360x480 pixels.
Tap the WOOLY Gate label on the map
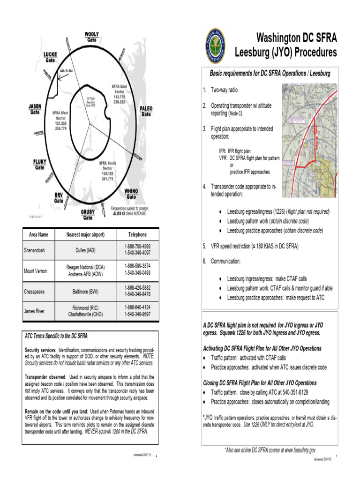pyautogui.click(x=91, y=37)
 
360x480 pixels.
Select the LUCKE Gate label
pyautogui.click(x=51, y=57)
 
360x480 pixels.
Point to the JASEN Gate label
pyautogui.click(x=35, y=110)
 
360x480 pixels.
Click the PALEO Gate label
pyautogui.click(x=146, y=111)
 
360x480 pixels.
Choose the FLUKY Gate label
pyautogui.click(x=40, y=164)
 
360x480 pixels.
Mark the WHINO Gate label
pyautogui.click(x=131, y=194)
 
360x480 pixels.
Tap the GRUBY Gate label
pyautogui.click(x=87, y=214)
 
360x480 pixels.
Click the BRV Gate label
pyautogui.click(x=59, y=197)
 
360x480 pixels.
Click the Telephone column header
pyautogui.click(x=137, y=234)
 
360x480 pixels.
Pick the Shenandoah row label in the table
pyautogui.click(x=36, y=250)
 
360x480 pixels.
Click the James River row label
pyautogui.click(x=36, y=311)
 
